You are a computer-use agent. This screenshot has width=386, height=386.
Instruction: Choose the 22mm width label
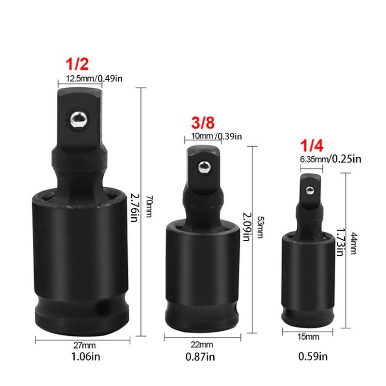(202, 345)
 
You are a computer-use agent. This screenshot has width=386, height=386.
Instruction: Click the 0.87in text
(202, 357)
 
